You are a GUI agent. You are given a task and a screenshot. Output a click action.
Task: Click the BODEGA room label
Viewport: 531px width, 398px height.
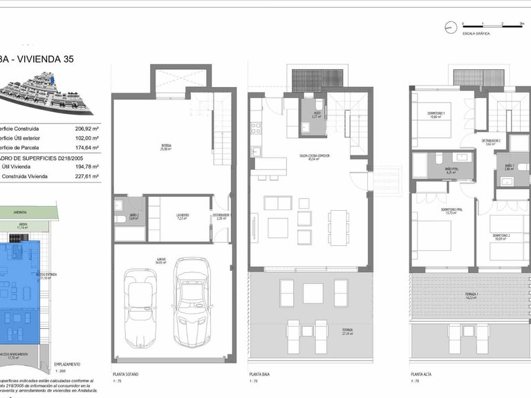(x=167, y=147)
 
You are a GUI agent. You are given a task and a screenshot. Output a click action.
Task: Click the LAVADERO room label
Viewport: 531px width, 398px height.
(x=181, y=216)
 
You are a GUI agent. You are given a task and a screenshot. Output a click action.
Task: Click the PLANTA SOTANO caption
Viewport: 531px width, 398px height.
(x=126, y=375)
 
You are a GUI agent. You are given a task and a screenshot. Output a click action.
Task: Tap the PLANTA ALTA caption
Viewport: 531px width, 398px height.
(x=422, y=375)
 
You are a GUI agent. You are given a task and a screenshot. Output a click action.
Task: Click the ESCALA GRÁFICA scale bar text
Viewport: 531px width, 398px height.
(x=476, y=32)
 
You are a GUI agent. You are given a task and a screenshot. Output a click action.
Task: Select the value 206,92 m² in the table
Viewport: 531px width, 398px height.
(x=88, y=129)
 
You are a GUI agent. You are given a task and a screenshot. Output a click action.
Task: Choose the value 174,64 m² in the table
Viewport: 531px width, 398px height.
(x=88, y=148)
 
